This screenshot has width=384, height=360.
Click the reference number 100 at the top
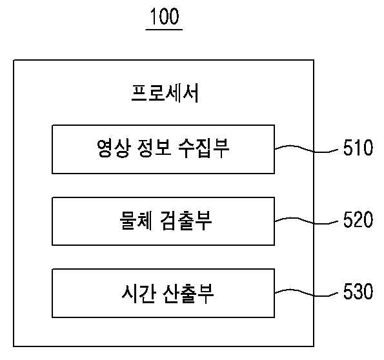165,16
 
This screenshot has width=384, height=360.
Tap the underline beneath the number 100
164,30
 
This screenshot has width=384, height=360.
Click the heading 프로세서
165,93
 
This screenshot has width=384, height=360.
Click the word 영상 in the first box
113,148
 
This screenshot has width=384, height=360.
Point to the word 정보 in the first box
154,148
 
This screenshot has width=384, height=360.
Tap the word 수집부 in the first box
204,148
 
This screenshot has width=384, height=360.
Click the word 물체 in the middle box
136,220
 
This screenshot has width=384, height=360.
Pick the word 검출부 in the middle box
186,220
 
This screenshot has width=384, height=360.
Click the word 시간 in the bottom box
138,293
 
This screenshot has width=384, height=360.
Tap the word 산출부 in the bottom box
188,293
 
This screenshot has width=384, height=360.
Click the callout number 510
358,148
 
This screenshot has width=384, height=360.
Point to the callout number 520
358,219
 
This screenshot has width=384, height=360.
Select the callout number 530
358,291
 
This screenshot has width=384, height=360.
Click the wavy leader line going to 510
307,150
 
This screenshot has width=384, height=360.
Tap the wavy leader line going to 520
307,221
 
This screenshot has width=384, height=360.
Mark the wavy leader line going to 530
307,293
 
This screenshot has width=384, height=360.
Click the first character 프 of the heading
139,93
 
